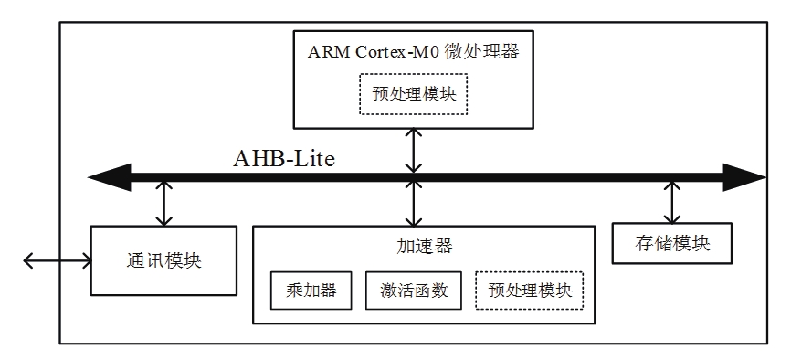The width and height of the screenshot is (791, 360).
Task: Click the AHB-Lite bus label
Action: (284, 159)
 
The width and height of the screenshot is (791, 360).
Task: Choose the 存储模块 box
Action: (672, 244)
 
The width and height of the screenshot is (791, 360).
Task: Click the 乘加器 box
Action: (311, 291)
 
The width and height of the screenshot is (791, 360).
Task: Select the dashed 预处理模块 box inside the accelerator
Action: (530, 291)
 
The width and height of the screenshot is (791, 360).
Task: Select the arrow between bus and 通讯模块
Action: (163, 203)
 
